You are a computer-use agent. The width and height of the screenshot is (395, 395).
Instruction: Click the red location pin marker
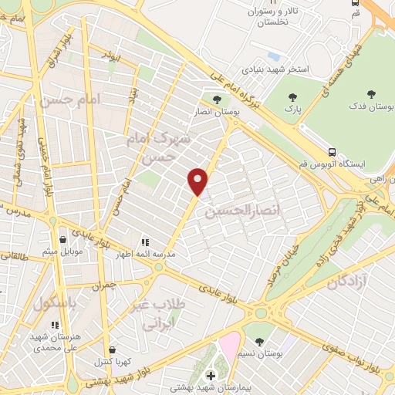(x=198, y=181)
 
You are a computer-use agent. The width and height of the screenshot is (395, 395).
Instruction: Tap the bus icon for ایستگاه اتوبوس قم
(x=332, y=151)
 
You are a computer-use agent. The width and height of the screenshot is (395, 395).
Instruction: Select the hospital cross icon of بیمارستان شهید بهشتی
(x=210, y=375)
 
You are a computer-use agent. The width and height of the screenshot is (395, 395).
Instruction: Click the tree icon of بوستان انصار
(x=217, y=99)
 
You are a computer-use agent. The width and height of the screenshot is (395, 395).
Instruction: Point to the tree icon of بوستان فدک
(x=372, y=94)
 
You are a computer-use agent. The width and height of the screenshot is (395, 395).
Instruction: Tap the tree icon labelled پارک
(x=292, y=97)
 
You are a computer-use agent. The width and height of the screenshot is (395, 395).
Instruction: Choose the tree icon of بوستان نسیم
(x=258, y=340)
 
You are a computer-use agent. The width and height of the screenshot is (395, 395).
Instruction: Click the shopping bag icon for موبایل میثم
(x=62, y=240)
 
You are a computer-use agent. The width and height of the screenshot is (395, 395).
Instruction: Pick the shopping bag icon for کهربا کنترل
(x=113, y=349)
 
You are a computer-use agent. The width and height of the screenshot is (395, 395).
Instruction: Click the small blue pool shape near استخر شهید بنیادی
(x=273, y=56)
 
